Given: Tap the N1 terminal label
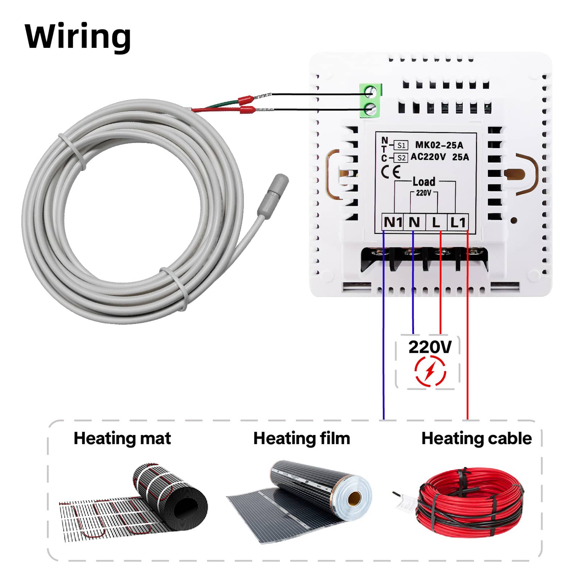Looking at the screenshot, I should (393, 222).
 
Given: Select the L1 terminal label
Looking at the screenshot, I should (458, 222).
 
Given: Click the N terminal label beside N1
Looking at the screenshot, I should (414, 222).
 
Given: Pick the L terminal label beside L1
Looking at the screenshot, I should (436, 222).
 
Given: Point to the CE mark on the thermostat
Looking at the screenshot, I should (391, 171).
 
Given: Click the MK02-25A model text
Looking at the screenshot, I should (439, 145).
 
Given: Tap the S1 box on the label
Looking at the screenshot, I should (401, 145).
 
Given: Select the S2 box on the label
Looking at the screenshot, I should (401, 158).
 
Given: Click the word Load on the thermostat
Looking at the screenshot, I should (424, 181).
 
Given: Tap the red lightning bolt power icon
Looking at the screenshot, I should (430, 371).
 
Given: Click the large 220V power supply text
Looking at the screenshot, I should (430, 347).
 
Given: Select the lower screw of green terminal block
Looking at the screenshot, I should (370, 109).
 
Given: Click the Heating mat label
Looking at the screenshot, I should (122, 438).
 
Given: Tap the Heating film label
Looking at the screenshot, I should (302, 438).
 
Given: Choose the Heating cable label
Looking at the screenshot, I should (476, 438).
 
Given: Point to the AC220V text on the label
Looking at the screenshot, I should (428, 157).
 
